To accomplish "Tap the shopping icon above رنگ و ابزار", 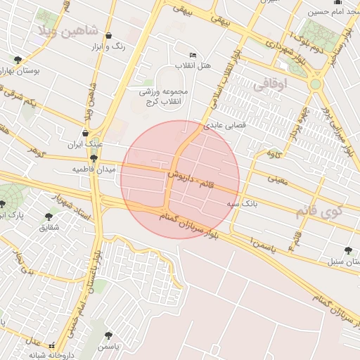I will [x=108, y=35].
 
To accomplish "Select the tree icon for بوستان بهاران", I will [x=18, y=60].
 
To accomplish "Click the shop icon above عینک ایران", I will [x=85, y=133].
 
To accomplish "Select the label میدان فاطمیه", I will [x=90, y=170].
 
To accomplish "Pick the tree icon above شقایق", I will [x=49, y=217].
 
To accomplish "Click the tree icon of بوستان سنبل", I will [x=348, y=250].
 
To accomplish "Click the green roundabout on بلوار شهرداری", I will [x=316, y=84].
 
